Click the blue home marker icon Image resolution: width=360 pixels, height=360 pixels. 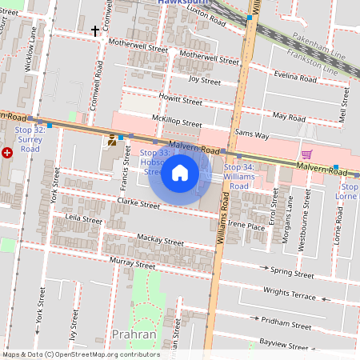click(180, 172)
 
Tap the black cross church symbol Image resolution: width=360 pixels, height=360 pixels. click(96, 31)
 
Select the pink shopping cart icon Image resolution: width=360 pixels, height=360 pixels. click(306, 154)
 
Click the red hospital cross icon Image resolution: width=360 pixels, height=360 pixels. click(7, 151)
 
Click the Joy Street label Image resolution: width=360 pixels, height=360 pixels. click(204, 80)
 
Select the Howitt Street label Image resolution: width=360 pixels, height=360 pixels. click(180, 101)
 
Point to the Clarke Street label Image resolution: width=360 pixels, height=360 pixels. click(138, 205)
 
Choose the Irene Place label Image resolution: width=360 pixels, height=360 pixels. click(246, 226)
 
